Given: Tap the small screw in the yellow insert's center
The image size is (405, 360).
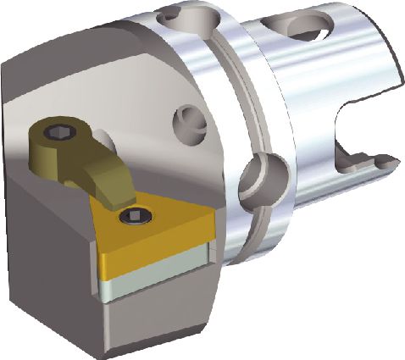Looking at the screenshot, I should [133, 219].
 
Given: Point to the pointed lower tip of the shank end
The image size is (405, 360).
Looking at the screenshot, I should [386, 161].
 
